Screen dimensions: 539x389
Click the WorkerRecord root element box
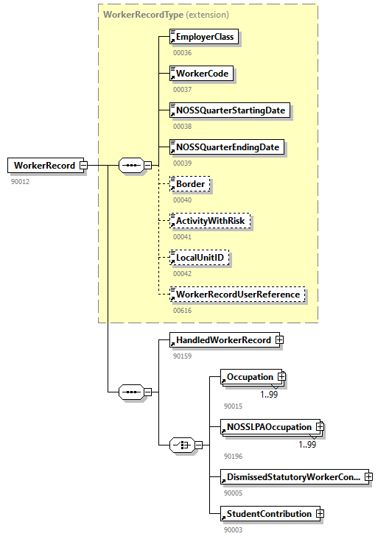(44, 166)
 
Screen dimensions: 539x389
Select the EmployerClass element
(204, 37)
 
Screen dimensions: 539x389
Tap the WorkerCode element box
(202, 74)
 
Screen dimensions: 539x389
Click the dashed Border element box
(190, 184)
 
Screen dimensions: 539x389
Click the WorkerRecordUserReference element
(237, 295)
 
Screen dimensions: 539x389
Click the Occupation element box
(250, 377)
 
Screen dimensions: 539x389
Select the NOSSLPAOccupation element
(270, 426)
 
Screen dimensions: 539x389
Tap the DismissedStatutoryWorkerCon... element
(293, 476)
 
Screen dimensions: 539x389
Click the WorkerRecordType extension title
(166, 14)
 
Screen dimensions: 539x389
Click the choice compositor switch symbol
(182, 445)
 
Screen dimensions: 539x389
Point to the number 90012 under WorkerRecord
(20, 181)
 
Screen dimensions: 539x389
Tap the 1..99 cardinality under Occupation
(268, 394)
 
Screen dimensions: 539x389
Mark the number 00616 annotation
(182, 311)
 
